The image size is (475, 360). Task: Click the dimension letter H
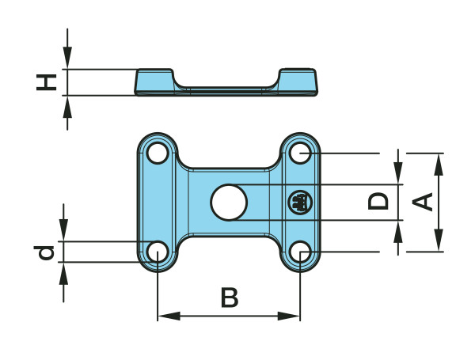click(49, 81)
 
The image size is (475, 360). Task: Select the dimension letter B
click(229, 298)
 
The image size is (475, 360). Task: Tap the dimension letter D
click(380, 201)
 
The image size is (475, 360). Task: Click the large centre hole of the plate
click(229, 201)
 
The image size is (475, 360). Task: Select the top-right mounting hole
click(300, 151)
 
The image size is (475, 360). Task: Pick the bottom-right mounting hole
click(300, 252)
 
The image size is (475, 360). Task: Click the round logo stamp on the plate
click(299, 203)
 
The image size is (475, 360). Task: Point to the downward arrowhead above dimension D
click(398, 176)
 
